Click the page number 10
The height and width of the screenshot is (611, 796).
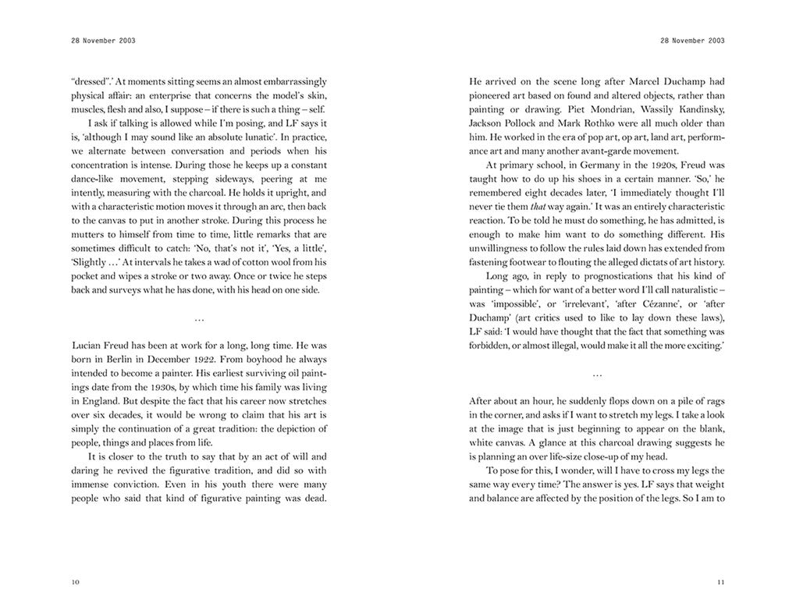point(74,581)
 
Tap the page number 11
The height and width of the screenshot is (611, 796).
point(721,581)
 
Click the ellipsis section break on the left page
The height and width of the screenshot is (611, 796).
point(199,318)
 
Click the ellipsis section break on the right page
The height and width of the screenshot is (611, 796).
point(597,375)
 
